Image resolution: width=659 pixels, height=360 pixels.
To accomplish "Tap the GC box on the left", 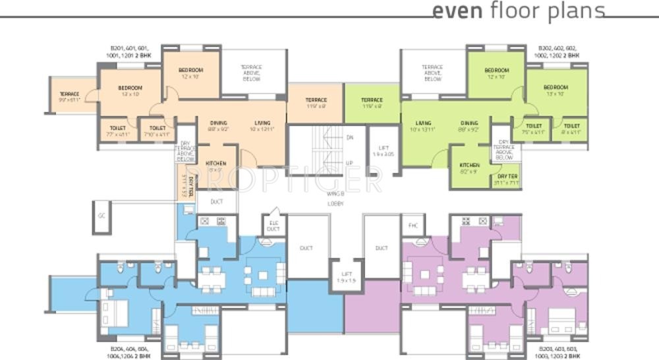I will tap(101, 216).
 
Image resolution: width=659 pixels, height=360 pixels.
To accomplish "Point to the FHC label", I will tap(413, 225).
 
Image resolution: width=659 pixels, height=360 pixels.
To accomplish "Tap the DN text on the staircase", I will tap(350, 138).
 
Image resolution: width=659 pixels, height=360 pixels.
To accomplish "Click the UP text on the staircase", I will tap(350, 163).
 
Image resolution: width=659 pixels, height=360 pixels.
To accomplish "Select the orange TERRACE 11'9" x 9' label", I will tap(316, 102).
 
